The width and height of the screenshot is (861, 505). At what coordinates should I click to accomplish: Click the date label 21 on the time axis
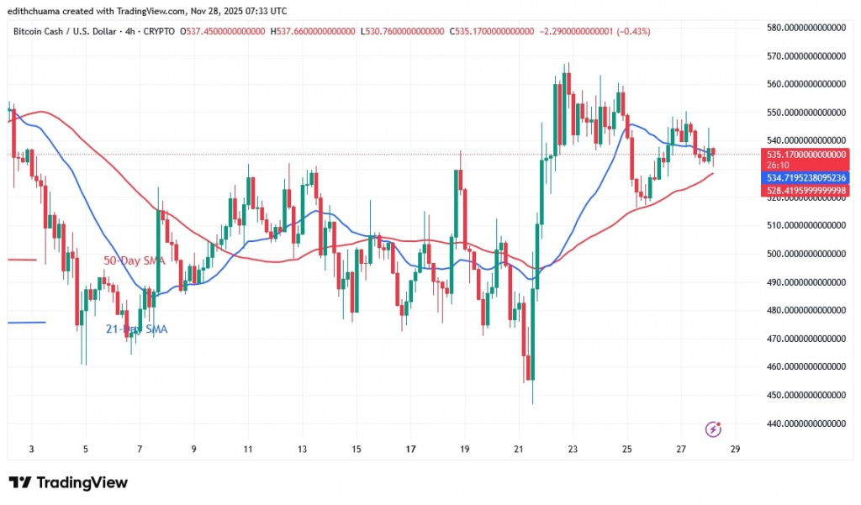(x=519, y=450)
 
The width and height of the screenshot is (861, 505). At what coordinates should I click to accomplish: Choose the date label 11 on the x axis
(x=247, y=450)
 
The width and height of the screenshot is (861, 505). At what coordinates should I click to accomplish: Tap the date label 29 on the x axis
(x=735, y=450)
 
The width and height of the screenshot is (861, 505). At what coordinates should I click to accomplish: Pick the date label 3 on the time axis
(x=31, y=450)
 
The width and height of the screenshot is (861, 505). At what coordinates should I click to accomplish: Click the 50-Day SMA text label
(x=132, y=261)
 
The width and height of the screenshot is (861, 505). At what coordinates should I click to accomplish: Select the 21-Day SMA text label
(x=136, y=329)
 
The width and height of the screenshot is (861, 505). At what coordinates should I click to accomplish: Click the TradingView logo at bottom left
(x=69, y=483)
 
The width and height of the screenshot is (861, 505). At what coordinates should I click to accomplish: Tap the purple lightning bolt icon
(x=713, y=429)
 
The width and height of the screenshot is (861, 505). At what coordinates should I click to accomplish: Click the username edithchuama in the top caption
(x=38, y=11)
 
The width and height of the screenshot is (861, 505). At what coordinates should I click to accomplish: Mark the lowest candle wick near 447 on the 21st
(x=532, y=402)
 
